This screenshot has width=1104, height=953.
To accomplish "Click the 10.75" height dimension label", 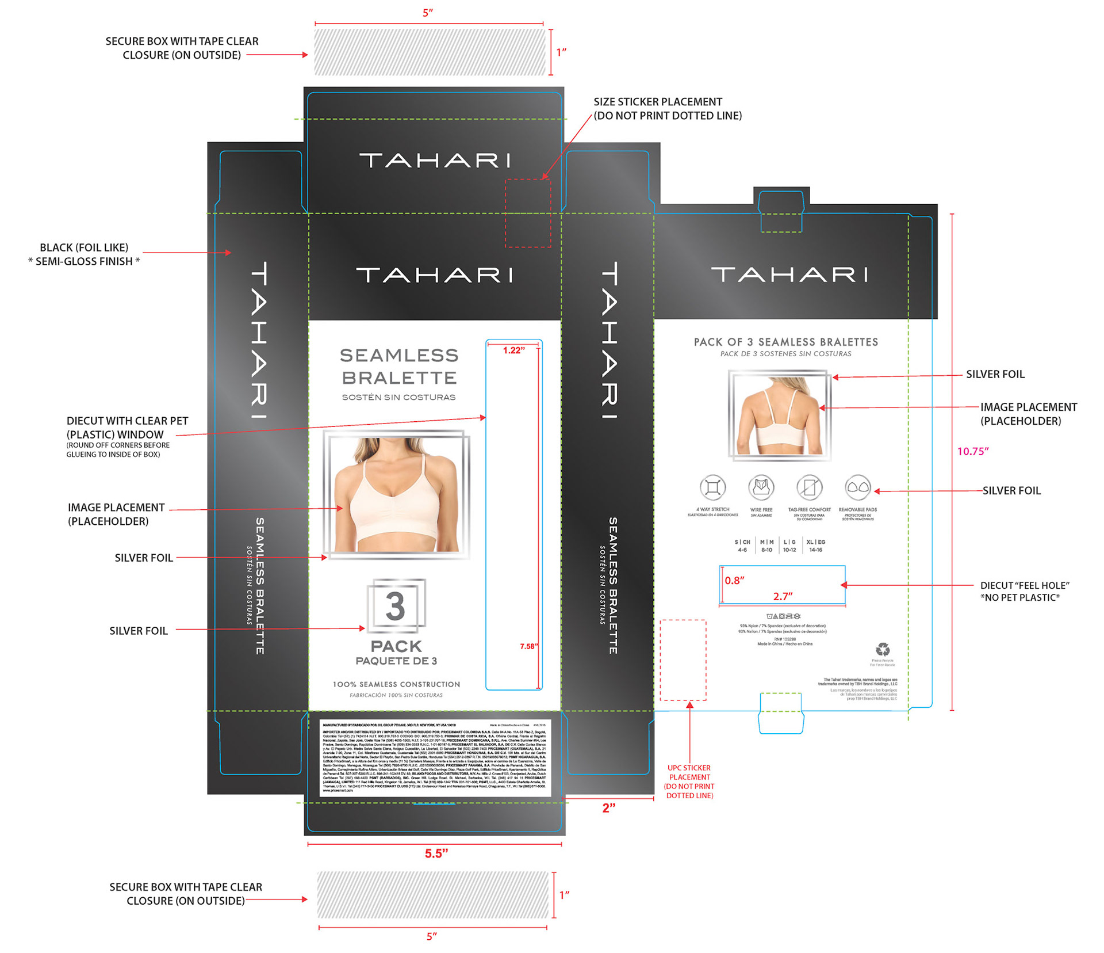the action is pyautogui.click(x=972, y=452).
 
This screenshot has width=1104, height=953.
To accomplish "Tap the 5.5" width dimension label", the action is pyautogui.click(x=436, y=853).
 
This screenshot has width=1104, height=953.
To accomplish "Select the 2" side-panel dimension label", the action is pyautogui.click(x=608, y=808).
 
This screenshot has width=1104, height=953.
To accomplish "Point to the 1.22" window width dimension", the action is pyautogui.click(x=513, y=350).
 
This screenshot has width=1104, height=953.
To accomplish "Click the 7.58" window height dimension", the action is pyautogui.click(x=528, y=646).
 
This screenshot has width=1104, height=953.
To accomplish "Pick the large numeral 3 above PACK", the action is pyautogui.click(x=396, y=607).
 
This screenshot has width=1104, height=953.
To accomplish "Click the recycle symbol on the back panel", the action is pyautogui.click(x=883, y=650).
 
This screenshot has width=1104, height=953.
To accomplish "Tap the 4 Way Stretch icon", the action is pyautogui.click(x=712, y=488).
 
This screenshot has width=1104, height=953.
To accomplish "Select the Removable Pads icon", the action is pyautogui.click(x=858, y=488).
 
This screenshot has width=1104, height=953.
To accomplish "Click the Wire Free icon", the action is pyautogui.click(x=761, y=488).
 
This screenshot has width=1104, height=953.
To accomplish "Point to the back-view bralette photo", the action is pyautogui.click(x=779, y=415).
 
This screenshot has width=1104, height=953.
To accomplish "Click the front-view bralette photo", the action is pyautogui.click(x=397, y=495).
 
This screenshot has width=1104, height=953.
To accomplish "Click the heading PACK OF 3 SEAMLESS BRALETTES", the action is pyautogui.click(x=785, y=342).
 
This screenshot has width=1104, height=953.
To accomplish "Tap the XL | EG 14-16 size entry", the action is pyautogui.click(x=815, y=546).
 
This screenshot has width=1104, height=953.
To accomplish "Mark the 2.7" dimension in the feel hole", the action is pyautogui.click(x=783, y=596).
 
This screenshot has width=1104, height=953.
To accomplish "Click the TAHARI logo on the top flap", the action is pyautogui.click(x=435, y=161).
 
